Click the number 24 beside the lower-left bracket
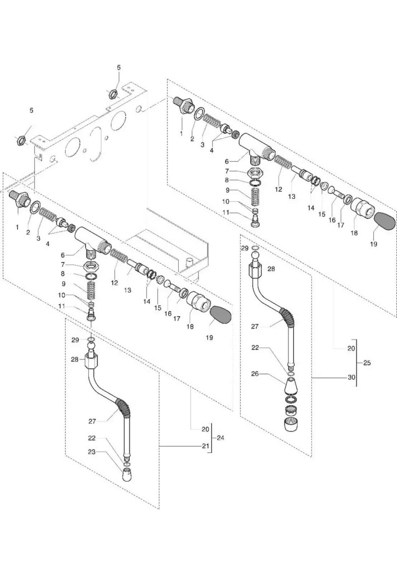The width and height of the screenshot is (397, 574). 220,438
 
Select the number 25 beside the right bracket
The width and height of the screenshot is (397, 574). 367,363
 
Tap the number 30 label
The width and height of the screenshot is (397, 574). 351,377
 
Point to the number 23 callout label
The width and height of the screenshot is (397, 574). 92,452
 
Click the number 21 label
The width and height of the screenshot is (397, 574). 205,446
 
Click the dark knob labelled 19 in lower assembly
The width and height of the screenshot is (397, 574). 220,315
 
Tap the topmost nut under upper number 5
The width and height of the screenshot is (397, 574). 112,94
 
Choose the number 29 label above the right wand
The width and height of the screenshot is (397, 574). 245,248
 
